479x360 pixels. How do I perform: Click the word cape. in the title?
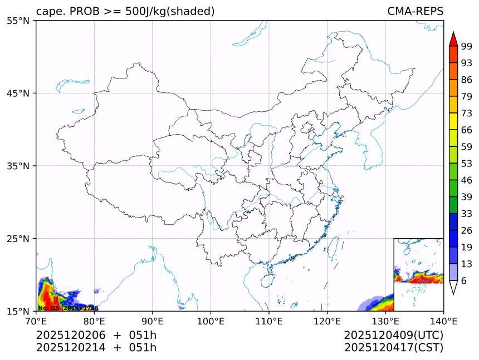pyautogui.click(x=51, y=12)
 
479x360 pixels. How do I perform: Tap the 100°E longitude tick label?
pyautogui.click(x=211, y=320)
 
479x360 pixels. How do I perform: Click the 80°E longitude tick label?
pyautogui.click(x=94, y=320)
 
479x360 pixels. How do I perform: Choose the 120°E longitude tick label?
pyautogui.click(x=327, y=320)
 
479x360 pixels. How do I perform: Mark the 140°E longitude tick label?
pyautogui.click(x=443, y=320)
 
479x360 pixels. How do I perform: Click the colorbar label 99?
pyautogui.click(x=467, y=47)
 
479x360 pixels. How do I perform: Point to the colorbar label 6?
pyautogui.click(x=464, y=281)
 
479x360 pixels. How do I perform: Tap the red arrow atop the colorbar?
pyautogui.click(x=453, y=39)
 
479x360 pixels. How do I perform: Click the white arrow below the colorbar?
pyautogui.click(x=453, y=287)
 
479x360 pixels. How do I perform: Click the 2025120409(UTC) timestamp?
pyautogui.click(x=393, y=335)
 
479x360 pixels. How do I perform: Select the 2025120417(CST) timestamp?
pyautogui.click(x=393, y=348)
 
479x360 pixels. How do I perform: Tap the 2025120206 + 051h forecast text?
pyautogui.click(x=96, y=335)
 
